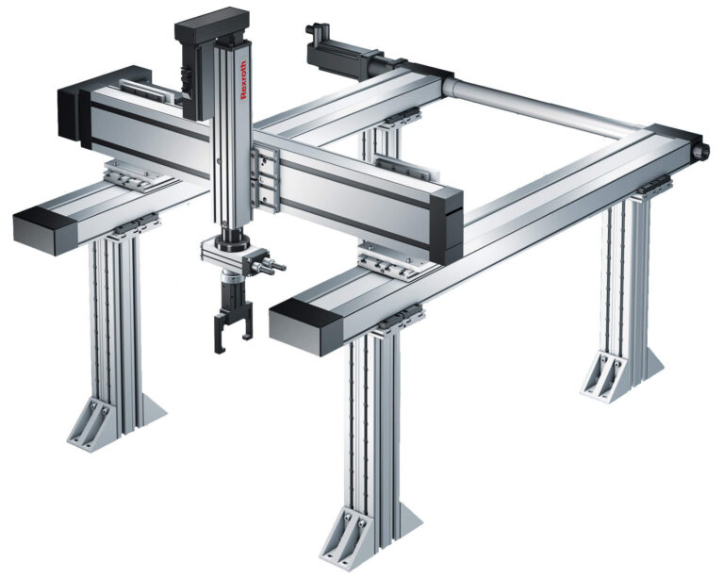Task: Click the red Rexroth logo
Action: pyautogui.click(x=243, y=79)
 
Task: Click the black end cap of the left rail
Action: pyautogui.click(x=45, y=230)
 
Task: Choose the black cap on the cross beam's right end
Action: pyautogui.click(x=447, y=226)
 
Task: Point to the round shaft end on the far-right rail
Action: pyautogui.click(x=701, y=149)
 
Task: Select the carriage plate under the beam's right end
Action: pyautogui.click(x=398, y=261)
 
